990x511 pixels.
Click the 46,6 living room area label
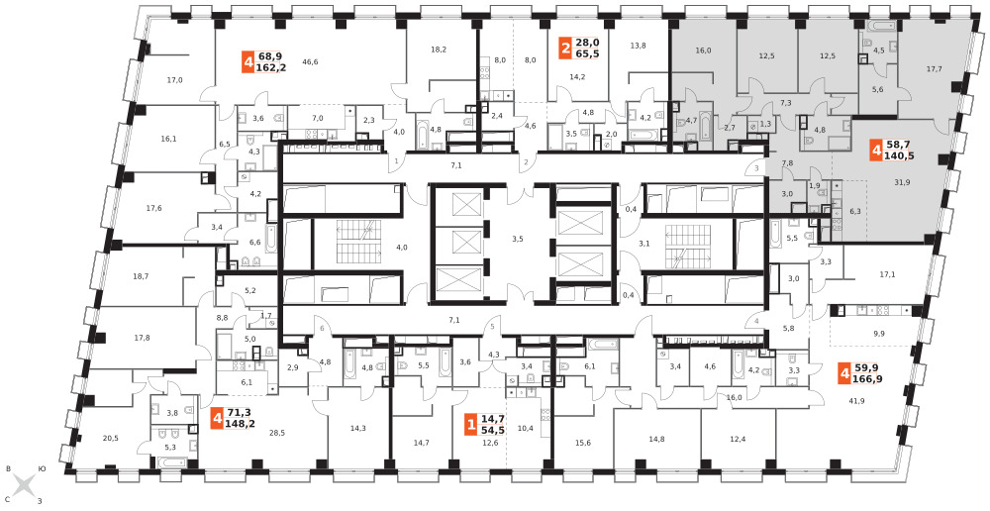pos(310,62)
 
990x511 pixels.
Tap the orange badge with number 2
pos(565,48)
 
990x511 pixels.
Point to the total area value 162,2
pos(271,67)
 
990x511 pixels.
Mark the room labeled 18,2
pos(439,50)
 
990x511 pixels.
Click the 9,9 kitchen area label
pos(878,333)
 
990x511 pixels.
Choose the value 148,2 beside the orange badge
pos(240,424)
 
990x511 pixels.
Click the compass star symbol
pos(24,485)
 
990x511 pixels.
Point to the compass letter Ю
pos(42,468)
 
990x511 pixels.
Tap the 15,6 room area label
pos(583,443)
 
